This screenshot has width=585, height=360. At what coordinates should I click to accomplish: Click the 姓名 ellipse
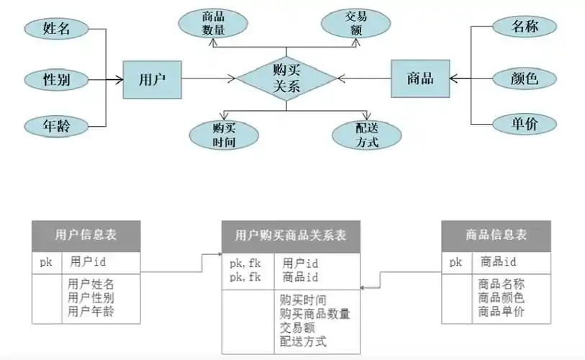(x=57, y=29)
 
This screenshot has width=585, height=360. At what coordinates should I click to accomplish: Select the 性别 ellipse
(x=57, y=78)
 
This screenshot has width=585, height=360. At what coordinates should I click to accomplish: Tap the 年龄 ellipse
(x=57, y=126)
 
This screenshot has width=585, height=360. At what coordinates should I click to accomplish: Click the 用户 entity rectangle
(x=151, y=79)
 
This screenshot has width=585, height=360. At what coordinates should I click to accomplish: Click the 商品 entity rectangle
(x=420, y=78)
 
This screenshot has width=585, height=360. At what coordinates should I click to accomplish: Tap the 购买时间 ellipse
(x=225, y=135)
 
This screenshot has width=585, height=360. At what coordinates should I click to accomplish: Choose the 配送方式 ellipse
(x=367, y=135)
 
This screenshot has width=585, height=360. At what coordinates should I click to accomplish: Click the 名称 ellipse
(x=525, y=27)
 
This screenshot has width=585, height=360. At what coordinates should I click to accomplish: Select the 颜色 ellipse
(x=525, y=78)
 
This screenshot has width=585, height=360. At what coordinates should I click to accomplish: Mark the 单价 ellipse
(x=525, y=124)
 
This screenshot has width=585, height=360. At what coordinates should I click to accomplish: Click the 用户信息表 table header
(x=86, y=235)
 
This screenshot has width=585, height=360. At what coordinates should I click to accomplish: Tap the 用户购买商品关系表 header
(x=291, y=235)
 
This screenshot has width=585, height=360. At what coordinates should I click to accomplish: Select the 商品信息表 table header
(x=496, y=235)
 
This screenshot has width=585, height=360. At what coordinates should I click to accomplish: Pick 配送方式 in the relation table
(x=303, y=341)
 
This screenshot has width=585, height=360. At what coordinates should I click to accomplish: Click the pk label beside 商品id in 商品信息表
(x=455, y=262)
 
